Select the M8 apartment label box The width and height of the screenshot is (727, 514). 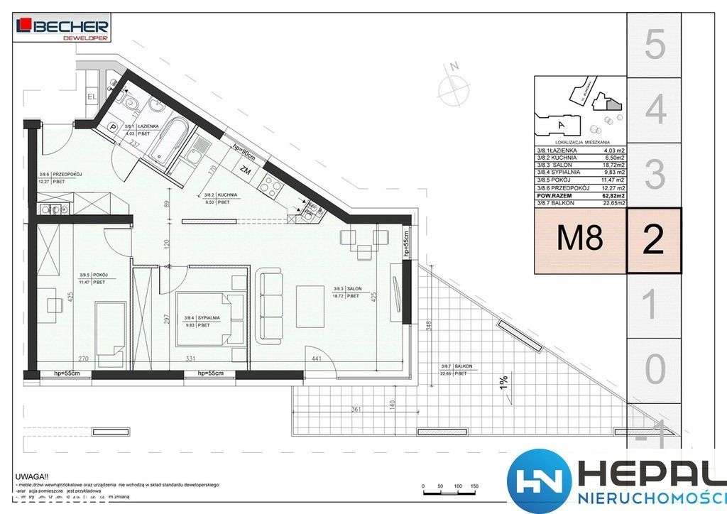pos(579,241)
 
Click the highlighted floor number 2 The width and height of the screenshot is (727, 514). pos(654,241)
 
